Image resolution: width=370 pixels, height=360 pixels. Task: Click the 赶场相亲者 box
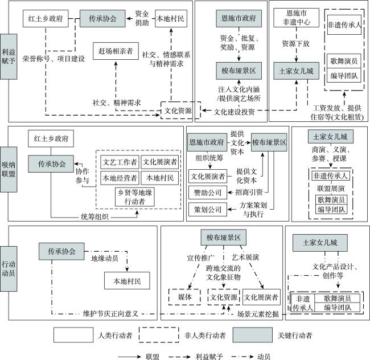coord(116,51)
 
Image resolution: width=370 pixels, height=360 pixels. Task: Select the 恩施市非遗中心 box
coord(297,18)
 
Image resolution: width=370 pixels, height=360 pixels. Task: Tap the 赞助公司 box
coord(208,193)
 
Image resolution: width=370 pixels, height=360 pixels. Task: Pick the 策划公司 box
coord(208,210)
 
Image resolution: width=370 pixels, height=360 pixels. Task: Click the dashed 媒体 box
coord(184,297)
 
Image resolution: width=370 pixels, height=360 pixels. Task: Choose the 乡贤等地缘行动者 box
coord(135,197)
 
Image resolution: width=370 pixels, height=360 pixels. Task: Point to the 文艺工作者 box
coord(120,162)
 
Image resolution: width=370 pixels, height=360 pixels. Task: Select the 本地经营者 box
coord(120,178)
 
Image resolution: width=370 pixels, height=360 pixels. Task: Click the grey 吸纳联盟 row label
coord(9,170)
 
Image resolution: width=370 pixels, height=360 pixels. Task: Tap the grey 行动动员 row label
coord(9,269)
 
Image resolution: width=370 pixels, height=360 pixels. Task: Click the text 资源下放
coord(296,43)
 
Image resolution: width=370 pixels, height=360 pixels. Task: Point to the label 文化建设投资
coord(234,112)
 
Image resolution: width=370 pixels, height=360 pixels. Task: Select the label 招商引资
coord(249,192)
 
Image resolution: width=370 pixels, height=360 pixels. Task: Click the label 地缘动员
coord(105,258)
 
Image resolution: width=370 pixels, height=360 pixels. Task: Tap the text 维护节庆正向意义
coord(110,314)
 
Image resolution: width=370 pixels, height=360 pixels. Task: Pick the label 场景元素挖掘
coord(258,314)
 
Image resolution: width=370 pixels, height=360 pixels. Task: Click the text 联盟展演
coord(331,189)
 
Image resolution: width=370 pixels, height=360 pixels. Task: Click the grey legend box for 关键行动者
coord(253,335)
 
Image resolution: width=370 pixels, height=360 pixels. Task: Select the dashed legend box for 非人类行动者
coord(159,335)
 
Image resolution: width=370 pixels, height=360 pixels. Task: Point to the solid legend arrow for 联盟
coord(129,357)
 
